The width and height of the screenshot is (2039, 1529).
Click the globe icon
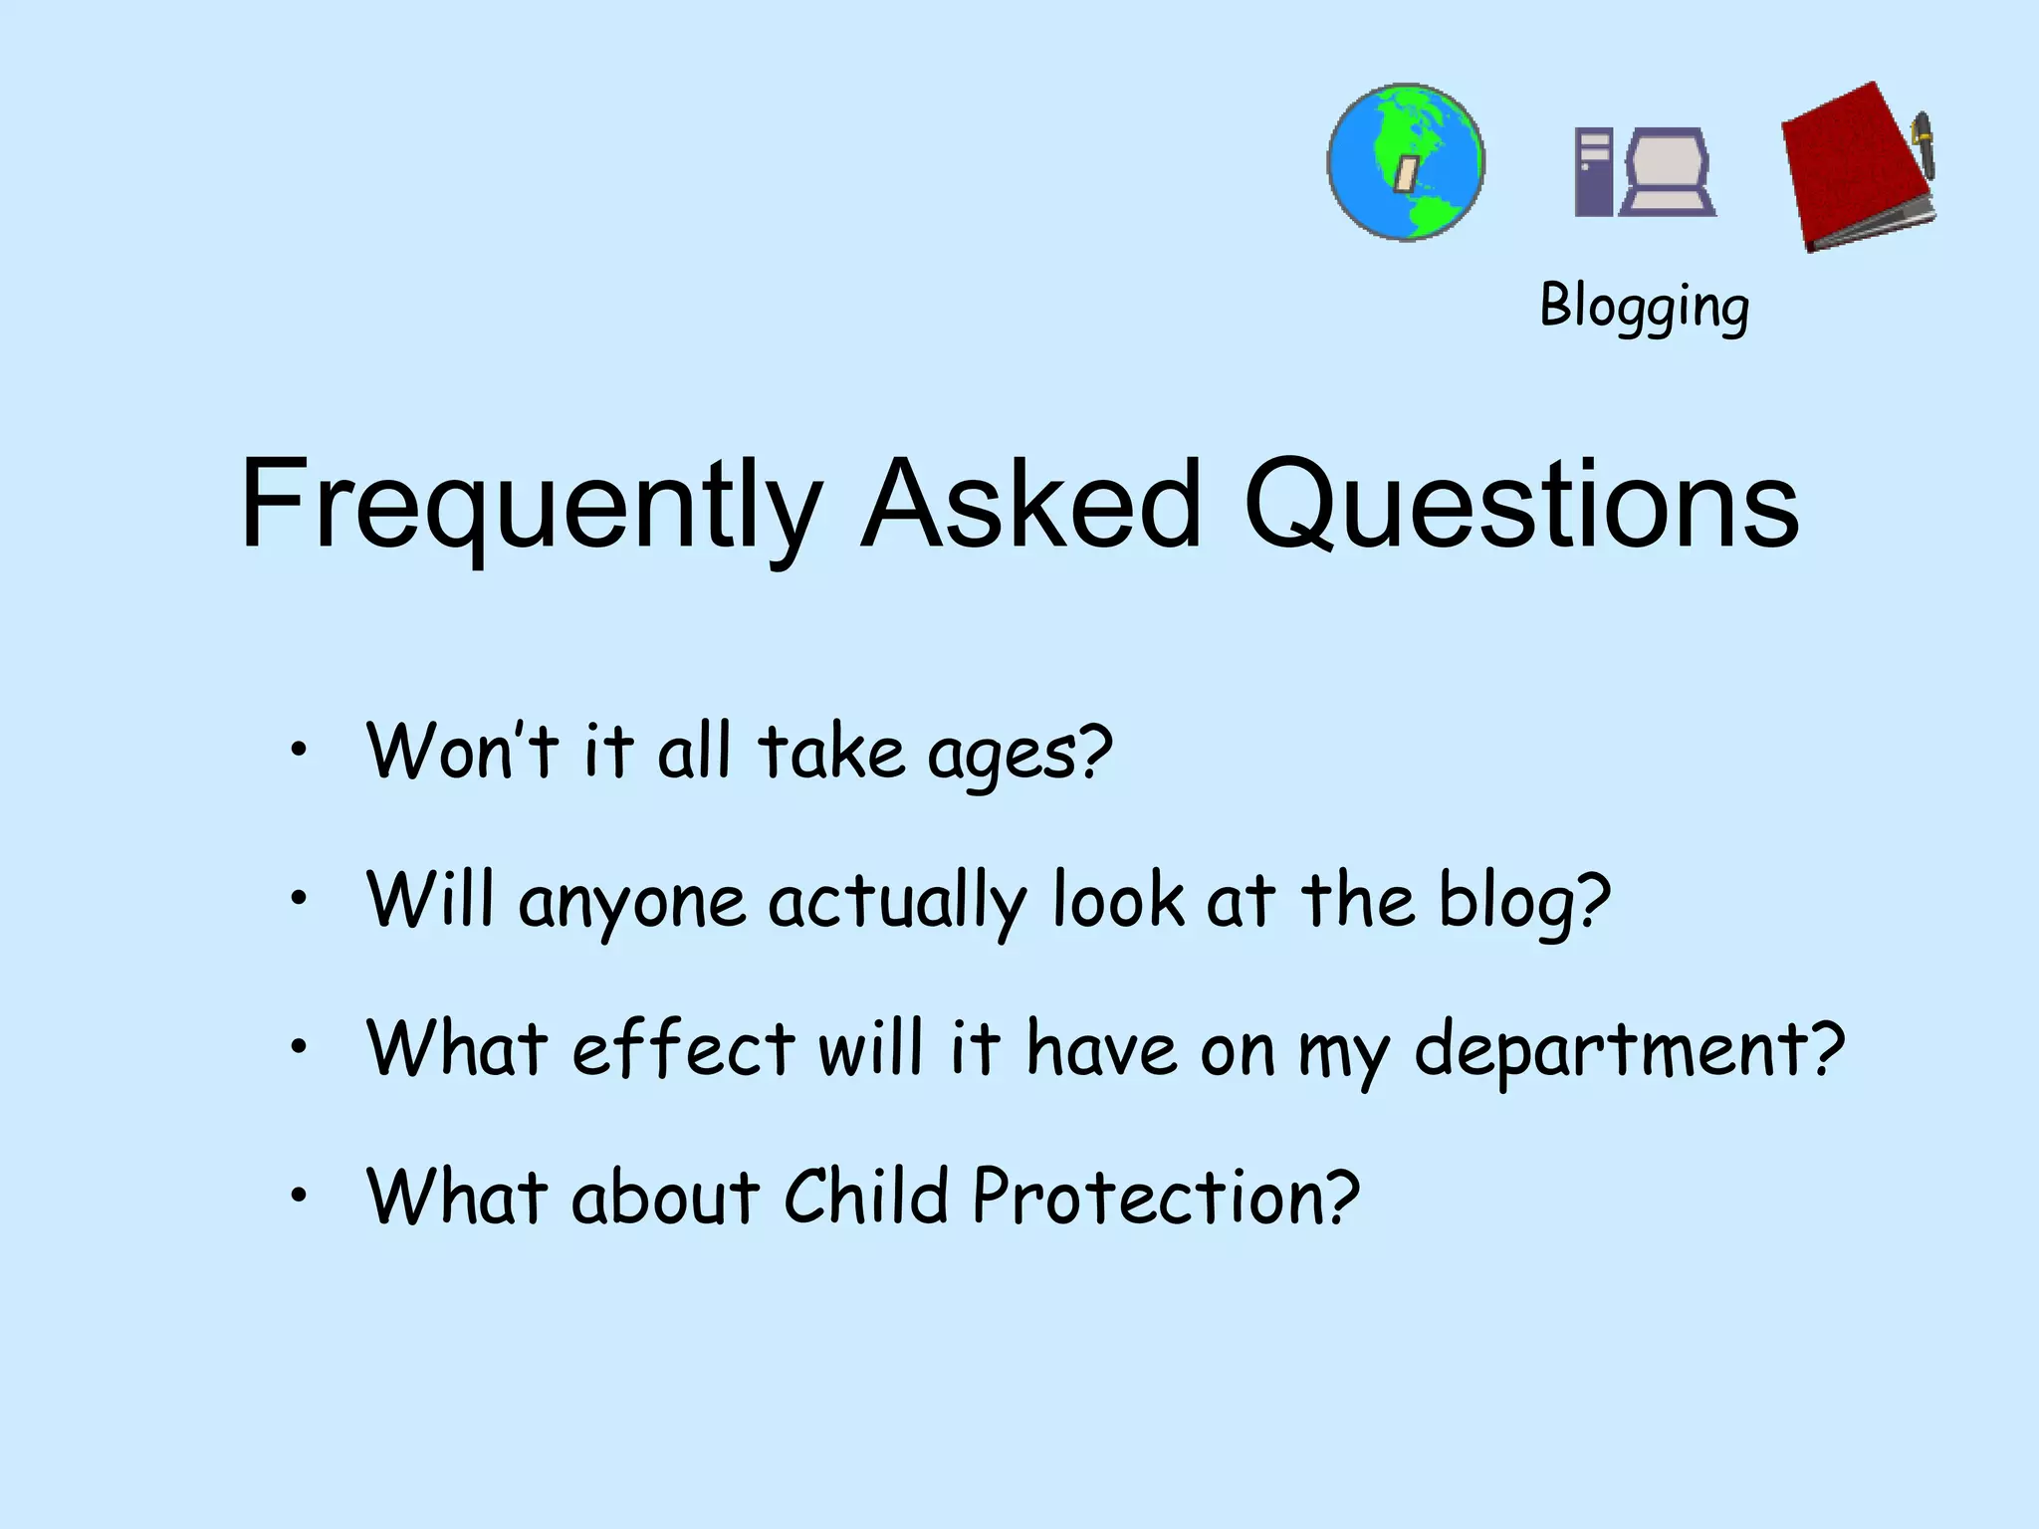1406,162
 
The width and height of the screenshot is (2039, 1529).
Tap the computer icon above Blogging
1645,171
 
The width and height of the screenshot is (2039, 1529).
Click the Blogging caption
1644,307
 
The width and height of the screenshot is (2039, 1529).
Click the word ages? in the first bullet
1019,755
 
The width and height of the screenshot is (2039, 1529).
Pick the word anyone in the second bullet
631,902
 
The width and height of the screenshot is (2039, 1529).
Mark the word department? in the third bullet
1629,1051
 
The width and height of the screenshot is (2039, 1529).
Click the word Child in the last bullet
865,1196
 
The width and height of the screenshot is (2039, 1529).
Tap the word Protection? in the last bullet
1165,1196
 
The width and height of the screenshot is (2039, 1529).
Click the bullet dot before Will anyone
298,899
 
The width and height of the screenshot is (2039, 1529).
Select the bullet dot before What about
298,1195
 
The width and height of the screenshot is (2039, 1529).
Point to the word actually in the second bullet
896,902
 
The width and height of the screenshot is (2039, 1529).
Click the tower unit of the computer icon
1593,171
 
